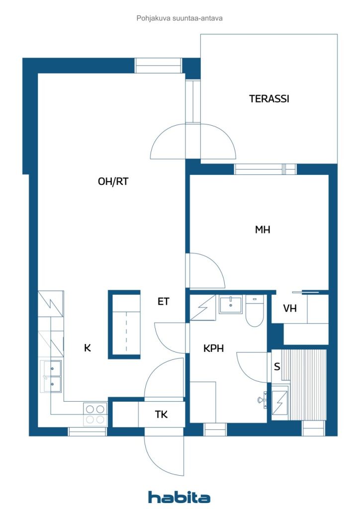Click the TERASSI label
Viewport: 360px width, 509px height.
coord(269,99)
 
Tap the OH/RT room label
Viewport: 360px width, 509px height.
coord(113,181)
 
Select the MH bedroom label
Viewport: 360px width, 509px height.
coord(262,230)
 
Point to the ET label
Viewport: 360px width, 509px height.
coord(163,302)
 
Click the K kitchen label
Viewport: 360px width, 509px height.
coord(88,348)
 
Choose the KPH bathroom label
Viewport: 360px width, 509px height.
coord(213,348)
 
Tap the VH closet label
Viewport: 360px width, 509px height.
coord(289,308)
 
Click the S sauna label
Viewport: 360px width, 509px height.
coord(277,367)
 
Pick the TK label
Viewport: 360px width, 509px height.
coord(161,415)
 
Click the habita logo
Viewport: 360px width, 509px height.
coord(179,497)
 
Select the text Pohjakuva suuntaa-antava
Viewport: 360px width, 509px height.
coord(180,18)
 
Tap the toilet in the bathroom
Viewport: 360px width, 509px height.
coord(255,311)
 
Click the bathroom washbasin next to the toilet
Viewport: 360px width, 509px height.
coord(231,305)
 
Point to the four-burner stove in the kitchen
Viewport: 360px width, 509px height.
coord(95,414)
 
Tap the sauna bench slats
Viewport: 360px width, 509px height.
coord(304,385)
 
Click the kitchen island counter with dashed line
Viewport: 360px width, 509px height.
coord(124,324)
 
